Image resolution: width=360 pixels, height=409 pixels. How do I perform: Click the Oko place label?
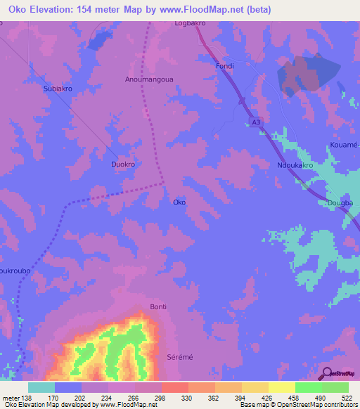click(x=179, y=202)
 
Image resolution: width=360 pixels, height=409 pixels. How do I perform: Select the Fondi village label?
click(x=224, y=66)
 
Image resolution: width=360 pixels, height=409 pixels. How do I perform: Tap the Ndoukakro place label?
click(x=295, y=167)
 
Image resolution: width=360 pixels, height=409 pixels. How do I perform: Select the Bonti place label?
click(x=158, y=307)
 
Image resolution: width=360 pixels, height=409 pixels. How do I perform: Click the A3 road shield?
click(x=257, y=122)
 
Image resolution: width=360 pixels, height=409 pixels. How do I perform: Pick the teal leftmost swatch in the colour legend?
click(x=41, y=387)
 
